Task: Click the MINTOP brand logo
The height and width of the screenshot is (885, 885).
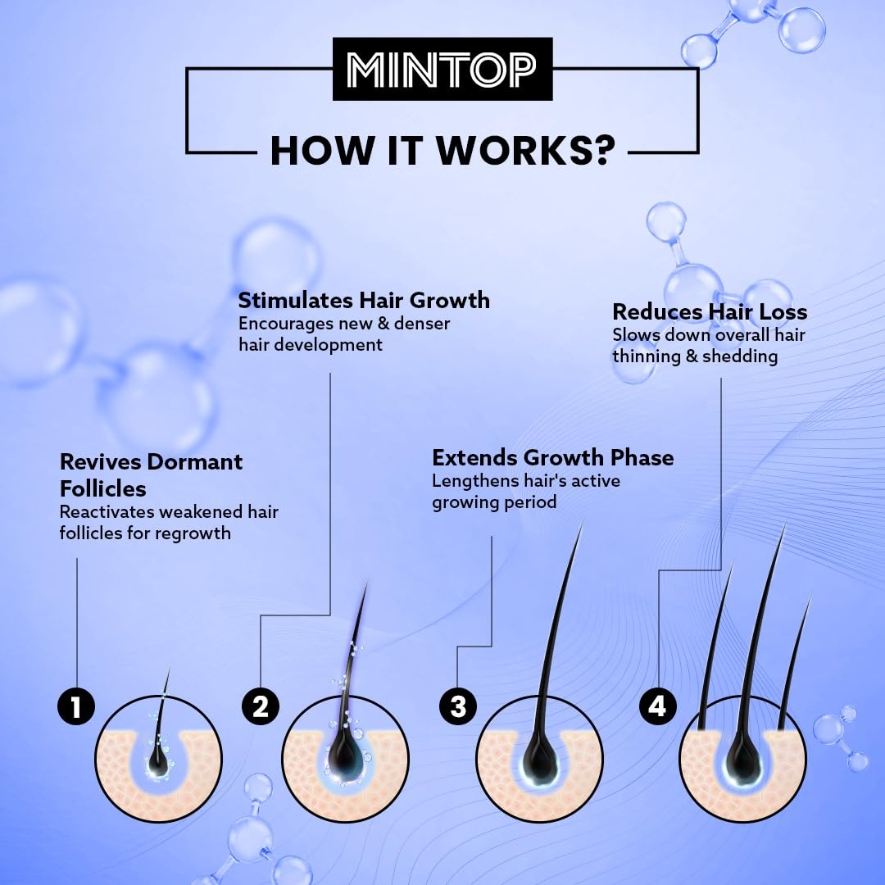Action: (x=442, y=69)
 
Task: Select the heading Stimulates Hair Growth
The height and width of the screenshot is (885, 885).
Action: (x=364, y=300)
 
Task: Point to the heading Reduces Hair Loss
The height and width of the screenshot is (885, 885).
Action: (x=710, y=311)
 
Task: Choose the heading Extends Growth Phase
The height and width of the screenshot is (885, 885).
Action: (x=552, y=457)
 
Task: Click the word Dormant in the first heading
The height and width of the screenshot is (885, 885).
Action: (x=195, y=461)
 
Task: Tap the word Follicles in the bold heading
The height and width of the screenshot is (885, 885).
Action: (x=102, y=488)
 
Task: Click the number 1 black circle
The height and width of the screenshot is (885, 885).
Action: (x=76, y=706)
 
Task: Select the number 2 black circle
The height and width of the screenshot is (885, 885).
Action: (x=261, y=706)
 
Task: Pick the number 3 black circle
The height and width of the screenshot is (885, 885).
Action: (x=458, y=706)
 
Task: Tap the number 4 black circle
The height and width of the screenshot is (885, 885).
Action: (x=657, y=706)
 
